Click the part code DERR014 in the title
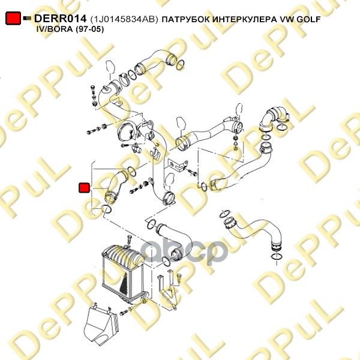pos(61,19)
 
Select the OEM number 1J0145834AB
pos(124,19)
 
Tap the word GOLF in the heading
pos(308,19)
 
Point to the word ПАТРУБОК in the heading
pos(186,19)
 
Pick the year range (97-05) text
pos(89,29)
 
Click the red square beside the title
pos(13,18)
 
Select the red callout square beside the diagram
pos(84,188)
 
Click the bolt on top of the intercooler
pos(129,240)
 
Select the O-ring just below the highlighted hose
pos(106,209)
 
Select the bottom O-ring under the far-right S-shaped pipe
pos(275,257)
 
